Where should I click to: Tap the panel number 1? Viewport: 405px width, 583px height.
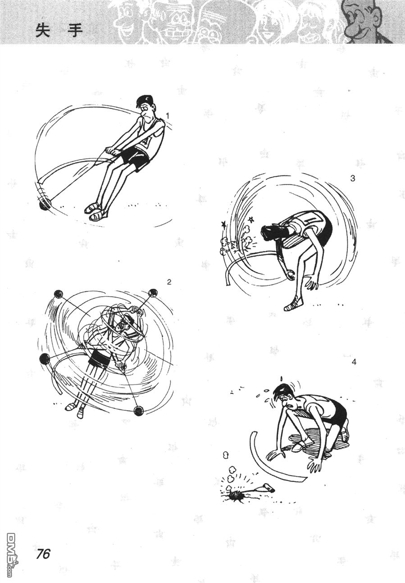(168, 116)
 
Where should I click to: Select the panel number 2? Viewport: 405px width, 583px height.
(169, 282)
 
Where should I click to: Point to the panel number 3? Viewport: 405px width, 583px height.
(352, 179)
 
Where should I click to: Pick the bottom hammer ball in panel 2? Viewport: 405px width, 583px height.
(138, 411)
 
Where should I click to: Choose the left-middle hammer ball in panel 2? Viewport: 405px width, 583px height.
(45, 358)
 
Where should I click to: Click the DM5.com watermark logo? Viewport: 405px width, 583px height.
(10, 563)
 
